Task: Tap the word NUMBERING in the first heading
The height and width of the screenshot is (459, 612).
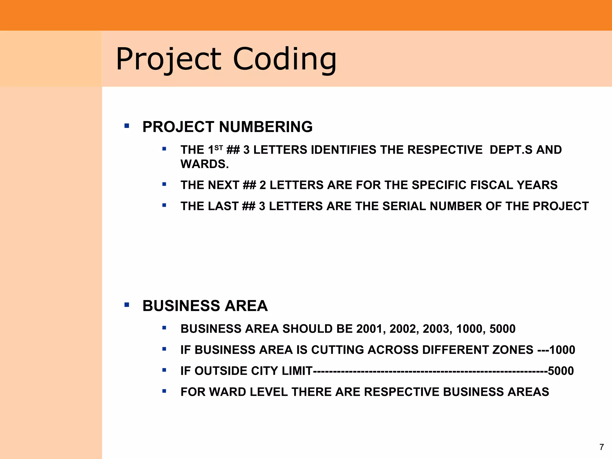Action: coord(266,127)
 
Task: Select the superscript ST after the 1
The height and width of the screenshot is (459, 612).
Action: coord(219,147)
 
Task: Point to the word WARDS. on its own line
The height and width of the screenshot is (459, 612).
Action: coord(204,164)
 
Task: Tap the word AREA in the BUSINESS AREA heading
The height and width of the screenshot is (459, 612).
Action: coord(246,306)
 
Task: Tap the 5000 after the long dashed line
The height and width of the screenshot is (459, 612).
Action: coord(561,371)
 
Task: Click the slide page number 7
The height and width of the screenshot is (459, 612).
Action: coord(602,447)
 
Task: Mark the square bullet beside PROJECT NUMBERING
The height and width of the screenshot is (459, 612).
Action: coord(127,126)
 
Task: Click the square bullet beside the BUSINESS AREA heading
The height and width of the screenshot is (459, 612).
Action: coord(127,305)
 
